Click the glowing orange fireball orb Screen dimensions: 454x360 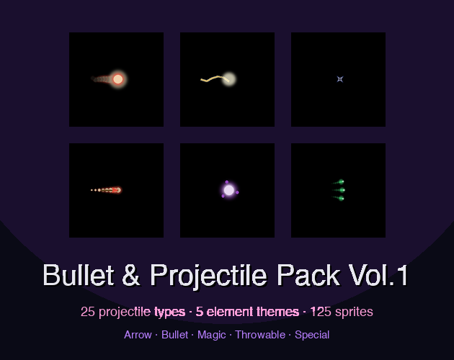[x=117, y=79]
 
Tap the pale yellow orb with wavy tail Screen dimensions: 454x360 [x=228, y=78]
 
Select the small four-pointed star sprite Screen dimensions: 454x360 [x=340, y=79]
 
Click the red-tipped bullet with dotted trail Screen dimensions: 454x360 [x=117, y=190]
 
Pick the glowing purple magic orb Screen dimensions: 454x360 [x=229, y=190]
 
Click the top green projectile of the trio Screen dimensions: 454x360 [x=341, y=181]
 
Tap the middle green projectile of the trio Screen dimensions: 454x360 [x=342, y=190]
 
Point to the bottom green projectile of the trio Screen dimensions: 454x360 [x=341, y=198]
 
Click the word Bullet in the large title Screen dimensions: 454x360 [x=79, y=275]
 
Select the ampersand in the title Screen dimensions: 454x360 [x=131, y=275]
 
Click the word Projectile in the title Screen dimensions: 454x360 [x=208, y=276]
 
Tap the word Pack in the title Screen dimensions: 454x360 [x=308, y=275]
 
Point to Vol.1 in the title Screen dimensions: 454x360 [x=378, y=275]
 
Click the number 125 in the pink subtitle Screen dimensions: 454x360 [x=321, y=312]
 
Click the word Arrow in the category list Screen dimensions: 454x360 [x=138, y=335]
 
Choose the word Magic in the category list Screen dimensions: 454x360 [x=212, y=336]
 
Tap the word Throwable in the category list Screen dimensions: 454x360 [x=260, y=335]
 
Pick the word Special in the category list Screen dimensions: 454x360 [x=312, y=336]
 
